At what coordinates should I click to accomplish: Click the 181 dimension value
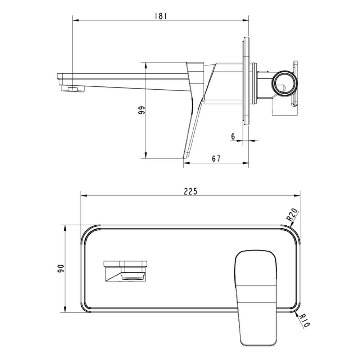[x=161, y=16]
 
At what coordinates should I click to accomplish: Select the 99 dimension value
[x=141, y=110]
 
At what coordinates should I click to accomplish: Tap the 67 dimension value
[x=216, y=158]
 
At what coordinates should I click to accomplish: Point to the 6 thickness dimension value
[x=233, y=136]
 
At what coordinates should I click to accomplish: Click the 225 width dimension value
[x=190, y=192]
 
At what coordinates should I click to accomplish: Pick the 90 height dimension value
[x=61, y=268]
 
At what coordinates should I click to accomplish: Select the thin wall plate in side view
[x=246, y=81]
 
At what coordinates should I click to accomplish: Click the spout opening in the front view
[x=134, y=276]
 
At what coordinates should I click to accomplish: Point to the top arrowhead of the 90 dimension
[x=65, y=227]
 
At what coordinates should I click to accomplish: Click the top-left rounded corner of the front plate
[x=88, y=233]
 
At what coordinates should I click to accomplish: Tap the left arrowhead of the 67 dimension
[x=186, y=163]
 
